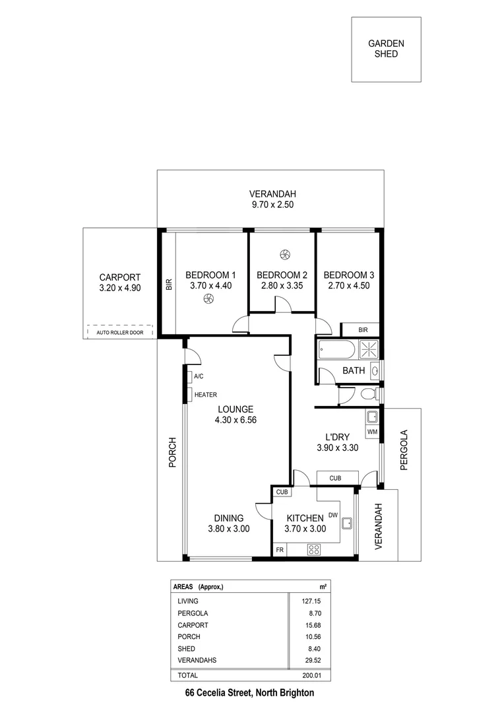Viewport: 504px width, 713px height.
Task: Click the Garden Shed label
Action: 386,49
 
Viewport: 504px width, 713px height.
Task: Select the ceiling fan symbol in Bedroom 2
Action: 285,254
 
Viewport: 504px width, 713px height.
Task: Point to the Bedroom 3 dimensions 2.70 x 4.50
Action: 348,286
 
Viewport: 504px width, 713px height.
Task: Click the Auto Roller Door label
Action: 119,333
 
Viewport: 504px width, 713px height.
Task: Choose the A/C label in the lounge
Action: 199,376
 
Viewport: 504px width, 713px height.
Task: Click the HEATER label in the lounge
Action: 205,395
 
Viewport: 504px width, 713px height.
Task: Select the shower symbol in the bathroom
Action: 367,349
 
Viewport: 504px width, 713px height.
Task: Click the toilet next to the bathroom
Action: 370,394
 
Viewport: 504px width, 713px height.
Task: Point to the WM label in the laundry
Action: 372,432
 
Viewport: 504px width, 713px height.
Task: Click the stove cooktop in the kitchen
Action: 314,549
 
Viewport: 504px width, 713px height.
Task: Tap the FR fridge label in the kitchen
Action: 280,549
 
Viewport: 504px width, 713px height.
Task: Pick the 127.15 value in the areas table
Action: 310,601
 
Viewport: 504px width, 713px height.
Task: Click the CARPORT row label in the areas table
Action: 193,625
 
